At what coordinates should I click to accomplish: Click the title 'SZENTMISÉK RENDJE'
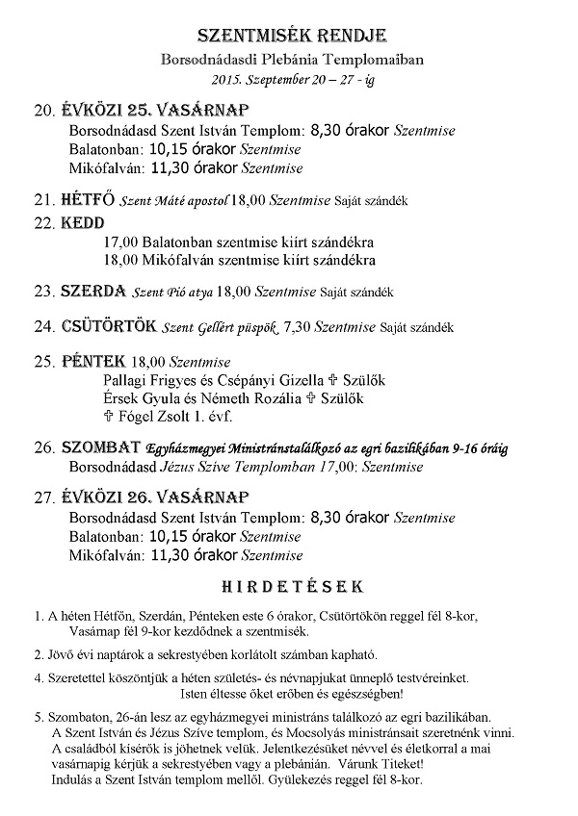tap(292, 37)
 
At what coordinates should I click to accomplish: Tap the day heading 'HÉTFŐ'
tap(88, 200)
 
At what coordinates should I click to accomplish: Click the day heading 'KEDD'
tap(82, 223)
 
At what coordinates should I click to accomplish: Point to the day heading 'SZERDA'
tap(92, 290)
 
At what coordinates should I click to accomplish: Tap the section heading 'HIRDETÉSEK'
tap(292, 585)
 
